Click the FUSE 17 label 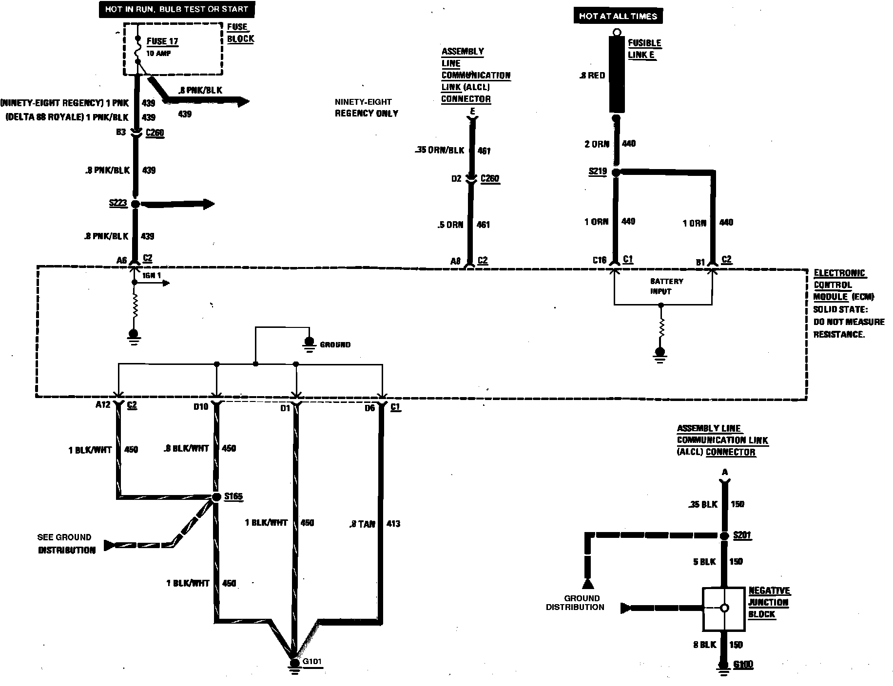pyautogui.click(x=162, y=42)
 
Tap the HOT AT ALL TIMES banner pyautogui.click(x=618, y=16)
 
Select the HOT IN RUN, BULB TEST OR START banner pyautogui.click(x=176, y=9)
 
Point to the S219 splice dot pyautogui.click(x=616, y=173)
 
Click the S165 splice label pyautogui.click(x=233, y=496)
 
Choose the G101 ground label pyautogui.click(x=312, y=662)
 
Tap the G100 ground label pyautogui.click(x=743, y=665)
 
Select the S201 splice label pyautogui.click(x=742, y=535)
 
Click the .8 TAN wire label pyautogui.click(x=363, y=524)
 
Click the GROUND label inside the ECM pyautogui.click(x=335, y=344)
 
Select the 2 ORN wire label pyautogui.click(x=597, y=144)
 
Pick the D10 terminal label pyautogui.click(x=200, y=407)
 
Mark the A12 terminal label pyautogui.click(x=102, y=405)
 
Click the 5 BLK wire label pyautogui.click(x=704, y=562)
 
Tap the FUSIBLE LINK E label pyautogui.click(x=644, y=49)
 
